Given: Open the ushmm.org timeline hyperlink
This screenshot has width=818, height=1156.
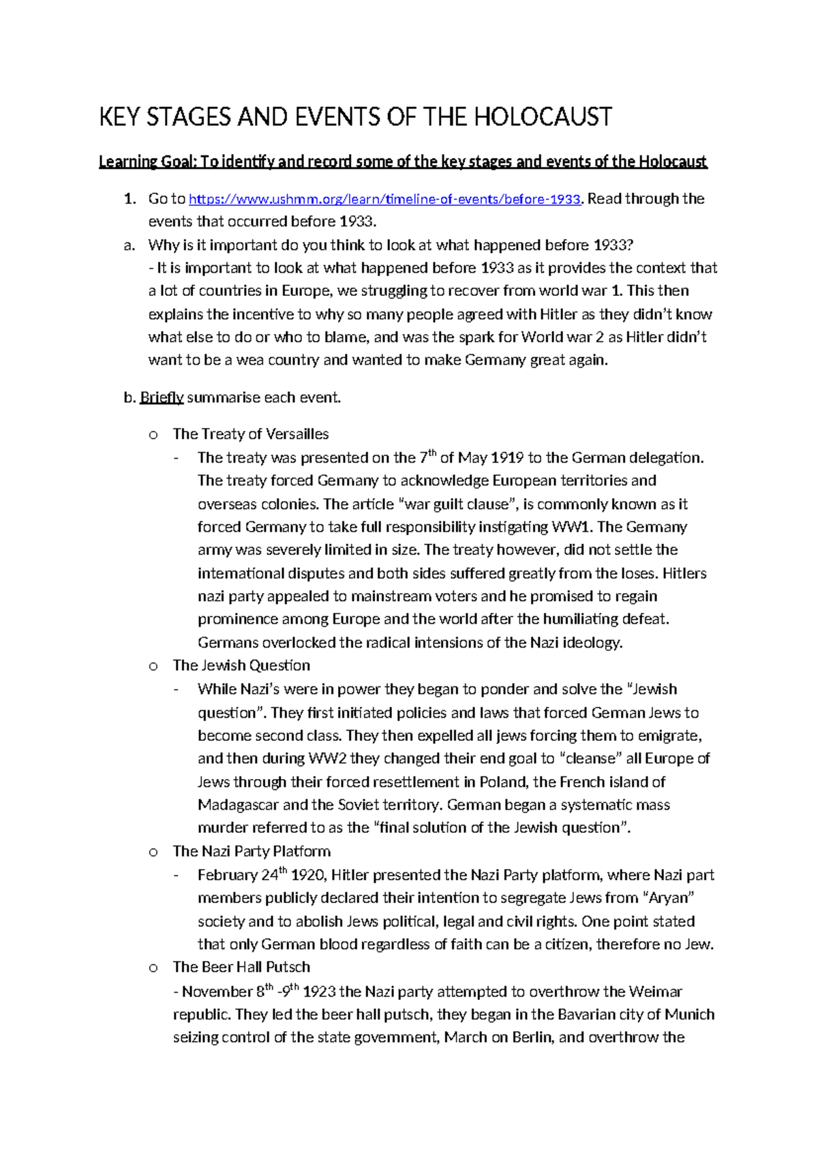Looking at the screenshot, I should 384,199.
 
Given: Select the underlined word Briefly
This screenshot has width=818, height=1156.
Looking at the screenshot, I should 162,397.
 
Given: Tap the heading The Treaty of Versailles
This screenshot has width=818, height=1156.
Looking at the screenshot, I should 250,434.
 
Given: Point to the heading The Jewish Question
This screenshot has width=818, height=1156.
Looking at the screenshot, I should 241,665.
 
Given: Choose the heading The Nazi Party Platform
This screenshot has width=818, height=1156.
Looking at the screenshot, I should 252,851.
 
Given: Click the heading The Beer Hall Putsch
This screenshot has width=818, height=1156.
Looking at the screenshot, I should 241,967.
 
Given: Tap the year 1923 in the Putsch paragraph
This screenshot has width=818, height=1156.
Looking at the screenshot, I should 319,992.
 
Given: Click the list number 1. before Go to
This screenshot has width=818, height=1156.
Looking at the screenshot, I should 129,199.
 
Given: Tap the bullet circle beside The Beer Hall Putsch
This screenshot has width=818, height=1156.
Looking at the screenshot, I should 153,968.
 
